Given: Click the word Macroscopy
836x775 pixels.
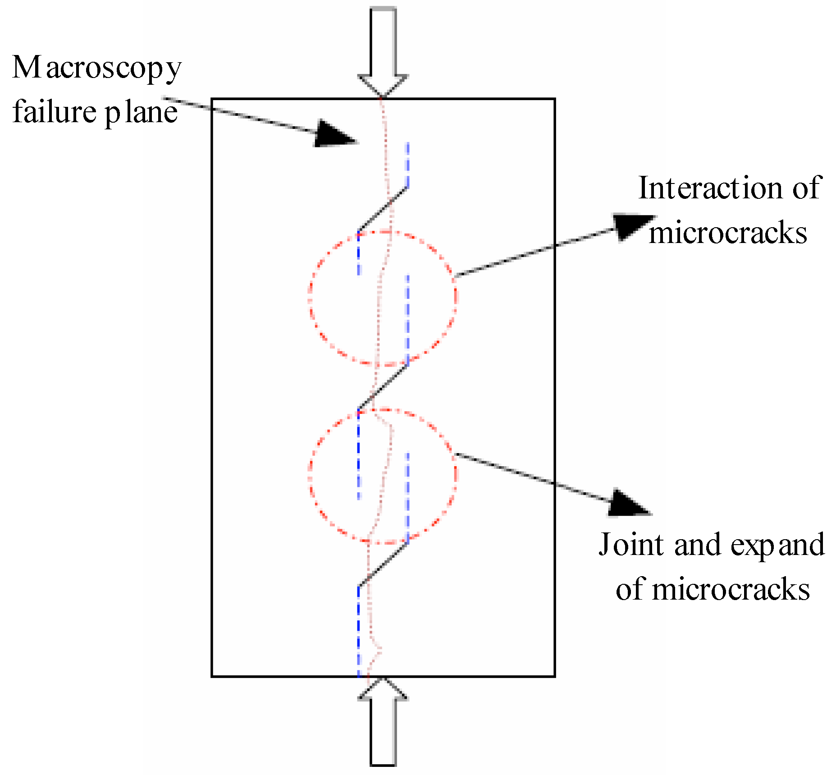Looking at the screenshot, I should (96, 69).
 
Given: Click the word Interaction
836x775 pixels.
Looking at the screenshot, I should (710, 188).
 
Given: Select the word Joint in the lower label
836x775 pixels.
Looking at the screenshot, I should (632, 545).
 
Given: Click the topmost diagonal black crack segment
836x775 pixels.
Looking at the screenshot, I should (383, 209).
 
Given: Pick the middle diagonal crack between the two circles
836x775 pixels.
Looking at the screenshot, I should (383, 387).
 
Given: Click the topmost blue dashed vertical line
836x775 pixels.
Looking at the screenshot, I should (407, 165).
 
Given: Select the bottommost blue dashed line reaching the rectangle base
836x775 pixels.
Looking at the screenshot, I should (359, 631).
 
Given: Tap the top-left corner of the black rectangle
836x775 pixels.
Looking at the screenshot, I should (212, 99).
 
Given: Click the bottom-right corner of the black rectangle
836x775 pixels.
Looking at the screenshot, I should (554, 676).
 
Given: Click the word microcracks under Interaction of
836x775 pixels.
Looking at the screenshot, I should (727, 234).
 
